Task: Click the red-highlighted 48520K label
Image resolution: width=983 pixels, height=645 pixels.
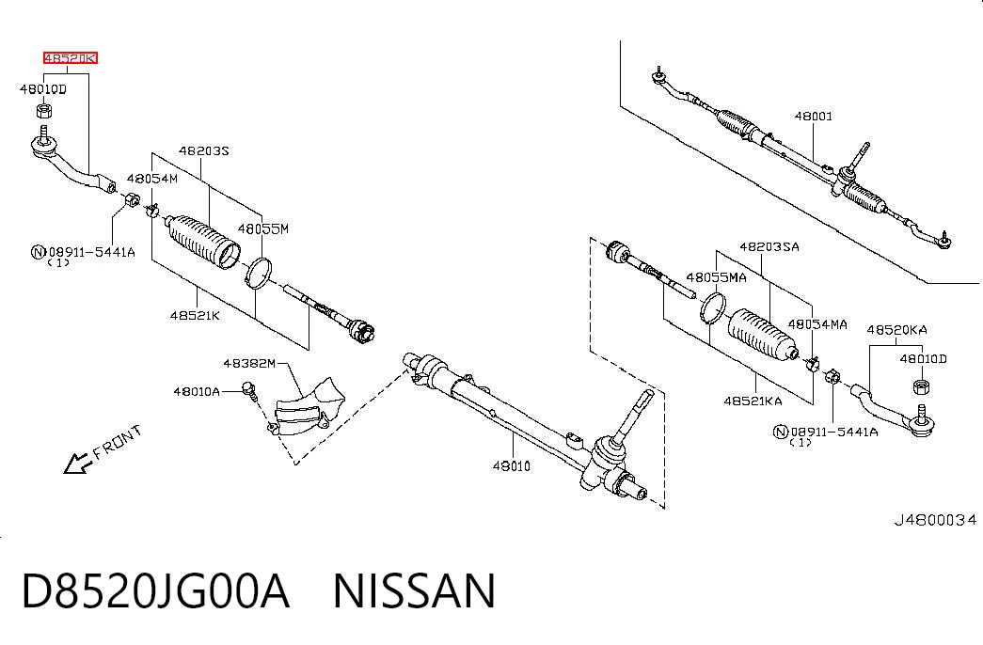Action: coord(71,58)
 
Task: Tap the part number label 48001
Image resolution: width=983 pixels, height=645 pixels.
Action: coord(814,116)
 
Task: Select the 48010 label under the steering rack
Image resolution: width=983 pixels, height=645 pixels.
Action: coord(512,465)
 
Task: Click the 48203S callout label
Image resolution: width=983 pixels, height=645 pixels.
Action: coord(204,150)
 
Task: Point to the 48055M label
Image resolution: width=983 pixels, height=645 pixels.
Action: coord(263,228)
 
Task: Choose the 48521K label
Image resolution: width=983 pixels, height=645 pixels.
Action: coord(195,315)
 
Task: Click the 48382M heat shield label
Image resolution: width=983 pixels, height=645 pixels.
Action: coord(249,364)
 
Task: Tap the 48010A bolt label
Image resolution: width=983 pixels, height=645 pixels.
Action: coord(197,392)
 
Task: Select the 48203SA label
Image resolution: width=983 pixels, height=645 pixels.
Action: coord(769,247)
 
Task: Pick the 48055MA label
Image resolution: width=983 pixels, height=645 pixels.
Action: coord(717,277)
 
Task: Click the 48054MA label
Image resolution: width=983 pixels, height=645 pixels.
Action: coord(817,324)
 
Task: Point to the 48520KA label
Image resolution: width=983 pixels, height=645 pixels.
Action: coord(897,330)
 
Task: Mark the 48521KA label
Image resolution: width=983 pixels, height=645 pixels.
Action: coord(753,401)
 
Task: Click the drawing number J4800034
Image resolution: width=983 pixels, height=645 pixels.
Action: coord(935,520)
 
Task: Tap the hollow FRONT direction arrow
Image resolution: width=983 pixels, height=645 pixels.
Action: coord(78,464)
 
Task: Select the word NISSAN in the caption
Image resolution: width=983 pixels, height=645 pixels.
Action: coord(415,591)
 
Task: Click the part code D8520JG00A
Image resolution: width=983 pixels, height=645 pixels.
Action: coord(155,591)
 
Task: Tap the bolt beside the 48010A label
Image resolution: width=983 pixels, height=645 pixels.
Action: coord(249,390)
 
